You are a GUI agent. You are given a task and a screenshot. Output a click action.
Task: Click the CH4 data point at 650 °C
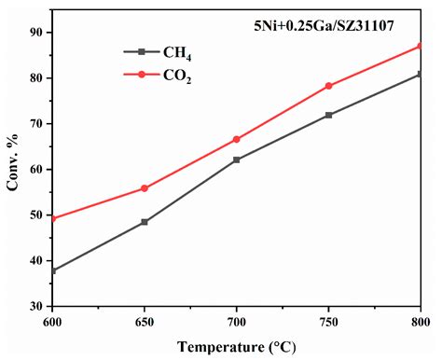[x=145, y=222]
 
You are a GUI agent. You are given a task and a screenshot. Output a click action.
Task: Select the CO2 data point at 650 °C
[x=145, y=188]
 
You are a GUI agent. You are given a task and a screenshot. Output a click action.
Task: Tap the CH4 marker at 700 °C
[x=237, y=159]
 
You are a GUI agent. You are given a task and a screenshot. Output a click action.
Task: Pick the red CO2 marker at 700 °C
[x=237, y=139]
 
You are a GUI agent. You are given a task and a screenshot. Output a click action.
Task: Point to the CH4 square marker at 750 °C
[x=329, y=115]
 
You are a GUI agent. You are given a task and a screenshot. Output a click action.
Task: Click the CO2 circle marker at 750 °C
[x=329, y=86]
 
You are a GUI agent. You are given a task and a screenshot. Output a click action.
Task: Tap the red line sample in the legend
[x=142, y=75]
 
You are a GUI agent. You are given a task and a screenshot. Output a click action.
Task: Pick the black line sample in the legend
[x=142, y=52]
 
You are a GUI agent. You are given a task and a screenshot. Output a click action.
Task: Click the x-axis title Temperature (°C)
[x=237, y=347]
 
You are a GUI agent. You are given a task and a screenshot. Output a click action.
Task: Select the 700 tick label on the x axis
[x=237, y=320]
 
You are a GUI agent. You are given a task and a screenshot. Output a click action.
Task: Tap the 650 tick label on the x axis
[x=145, y=320]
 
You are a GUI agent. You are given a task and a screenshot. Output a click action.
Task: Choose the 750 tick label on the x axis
[x=329, y=320]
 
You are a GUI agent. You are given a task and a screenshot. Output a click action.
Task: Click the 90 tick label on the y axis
[x=36, y=33]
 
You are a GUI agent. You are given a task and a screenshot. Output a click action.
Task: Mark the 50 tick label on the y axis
[x=36, y=215]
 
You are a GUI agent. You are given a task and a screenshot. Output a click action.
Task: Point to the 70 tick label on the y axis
[x=36, y=124]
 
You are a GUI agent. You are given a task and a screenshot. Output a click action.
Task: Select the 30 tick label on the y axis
[x=36, y=306]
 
